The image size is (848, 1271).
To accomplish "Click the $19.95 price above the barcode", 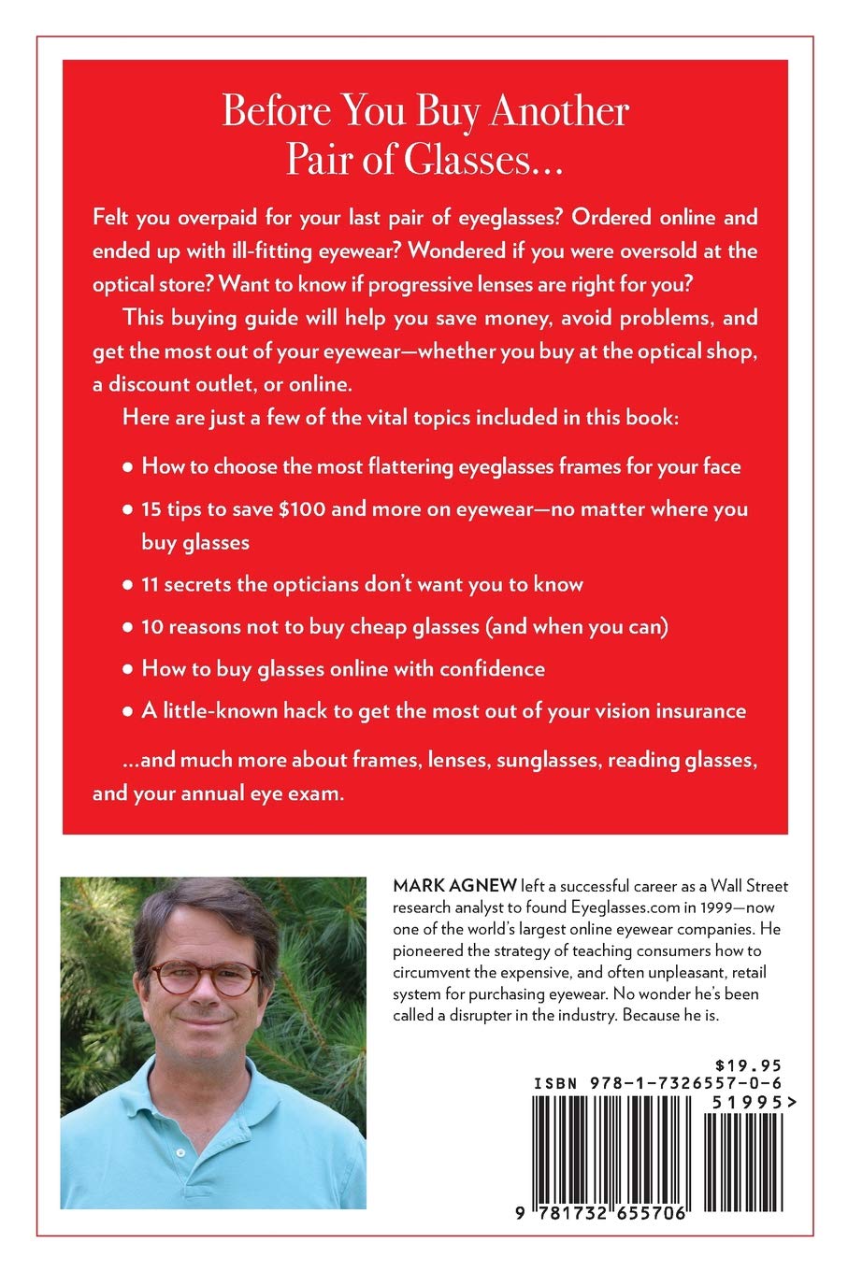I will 746,1064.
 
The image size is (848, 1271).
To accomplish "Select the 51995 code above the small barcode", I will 740,1102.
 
